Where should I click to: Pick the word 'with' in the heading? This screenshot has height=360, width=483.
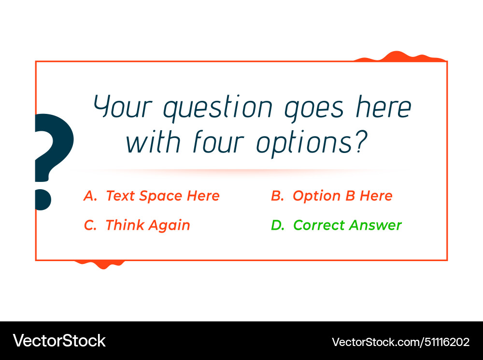coord(154,142)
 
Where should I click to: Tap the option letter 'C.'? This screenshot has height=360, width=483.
coord(90,225)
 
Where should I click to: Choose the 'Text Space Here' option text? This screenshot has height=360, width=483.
coord(163,196)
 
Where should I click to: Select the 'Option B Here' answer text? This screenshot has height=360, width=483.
coord(342,196)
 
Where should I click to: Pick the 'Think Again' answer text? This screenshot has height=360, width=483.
coord(148,225)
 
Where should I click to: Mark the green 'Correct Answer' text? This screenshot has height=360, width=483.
coord(347,225)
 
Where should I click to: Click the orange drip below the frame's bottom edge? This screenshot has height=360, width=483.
coord(102,263)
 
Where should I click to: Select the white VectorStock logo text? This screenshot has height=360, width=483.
coord(59,341)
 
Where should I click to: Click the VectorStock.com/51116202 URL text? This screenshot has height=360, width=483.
coord(400,342)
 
